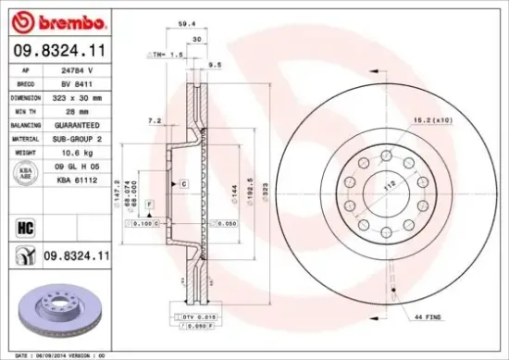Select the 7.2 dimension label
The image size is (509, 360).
pyautogui.click(x=155, y=120)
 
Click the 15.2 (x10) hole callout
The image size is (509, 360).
pyautogui.click(x=432, y=118)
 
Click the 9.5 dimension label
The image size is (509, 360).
pyautogui.click(x=215, y=65)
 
